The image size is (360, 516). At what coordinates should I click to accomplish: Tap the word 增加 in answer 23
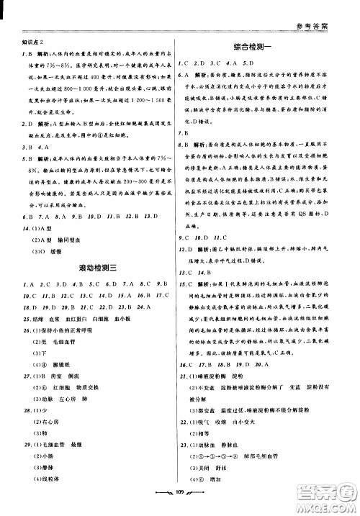tap(222, 466)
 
